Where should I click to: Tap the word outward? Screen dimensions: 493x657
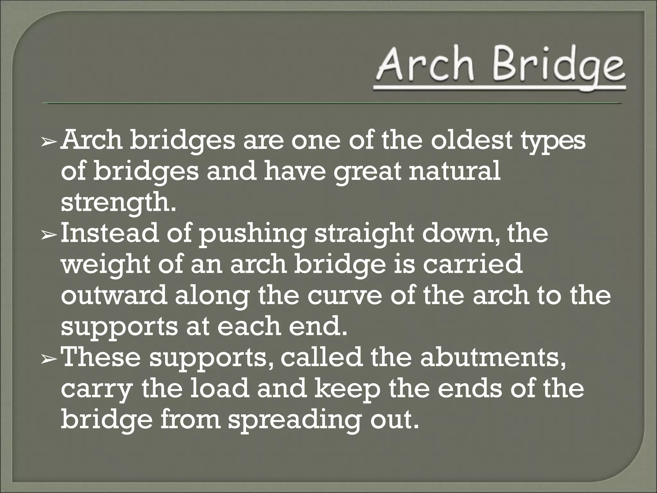pos(114,296)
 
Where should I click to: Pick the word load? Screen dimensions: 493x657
pos(219,389)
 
